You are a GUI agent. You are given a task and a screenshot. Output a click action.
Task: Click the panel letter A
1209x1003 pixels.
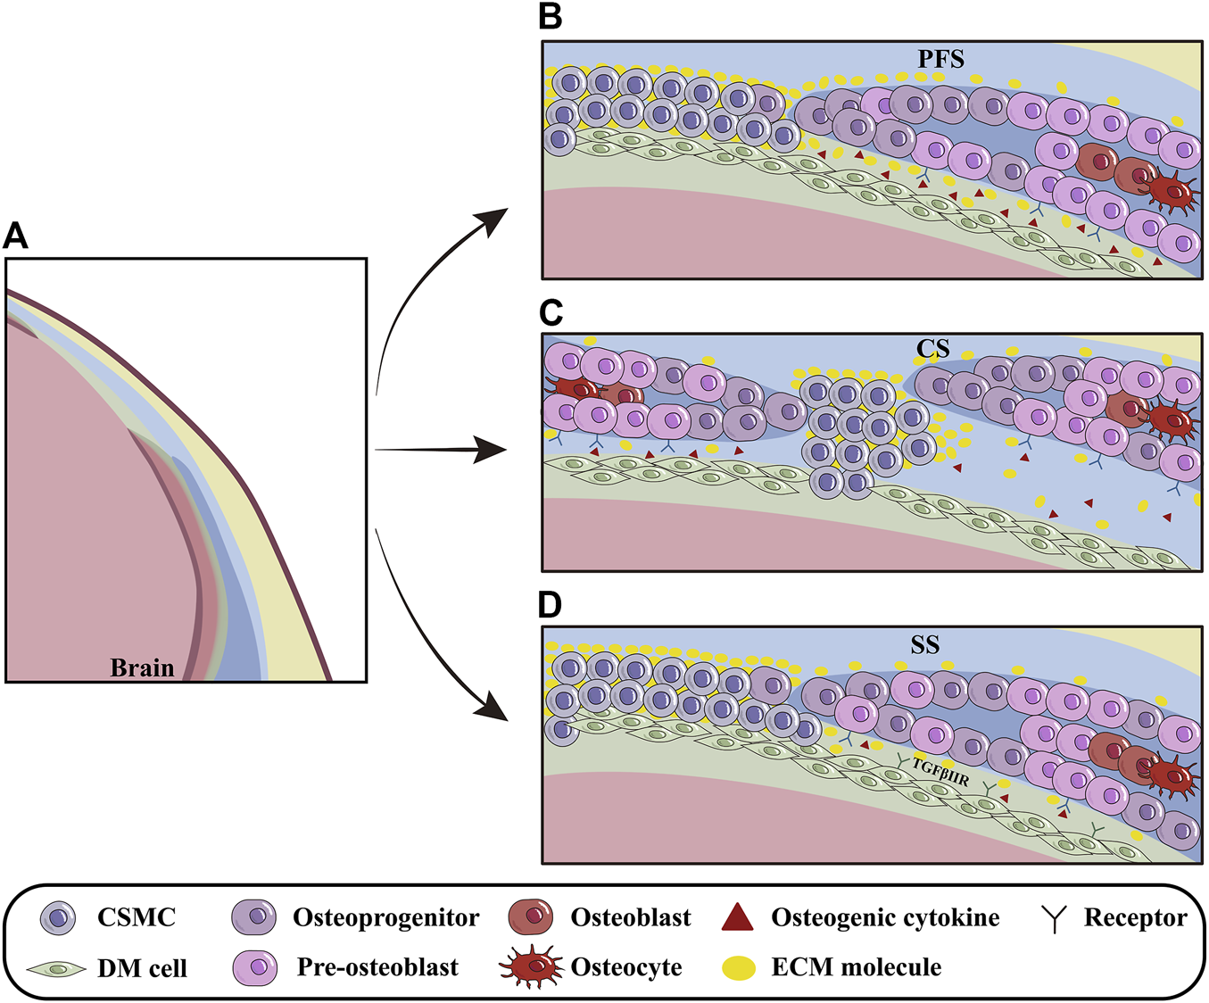(16, 236)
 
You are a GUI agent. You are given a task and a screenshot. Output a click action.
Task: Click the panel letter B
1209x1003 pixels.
(551, 17)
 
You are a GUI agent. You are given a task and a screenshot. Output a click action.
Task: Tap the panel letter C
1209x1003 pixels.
(551, 311)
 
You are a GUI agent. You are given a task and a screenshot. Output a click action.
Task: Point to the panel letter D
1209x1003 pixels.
(551, 604)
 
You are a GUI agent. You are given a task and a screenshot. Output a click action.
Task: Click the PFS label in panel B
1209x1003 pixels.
(941, 60)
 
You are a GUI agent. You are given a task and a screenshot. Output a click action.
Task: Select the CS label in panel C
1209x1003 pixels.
(932, 349)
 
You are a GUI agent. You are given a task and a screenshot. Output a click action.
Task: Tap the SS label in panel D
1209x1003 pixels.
(925, 643)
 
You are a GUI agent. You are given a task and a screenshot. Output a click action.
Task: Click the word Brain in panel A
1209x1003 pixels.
(142, 667)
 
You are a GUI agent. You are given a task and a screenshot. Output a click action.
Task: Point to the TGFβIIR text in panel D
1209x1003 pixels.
(940, 773)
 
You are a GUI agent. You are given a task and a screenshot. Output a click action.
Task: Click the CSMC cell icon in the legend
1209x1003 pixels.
(59, 917)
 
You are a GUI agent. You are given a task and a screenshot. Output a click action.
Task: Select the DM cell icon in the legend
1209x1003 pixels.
(56, 968)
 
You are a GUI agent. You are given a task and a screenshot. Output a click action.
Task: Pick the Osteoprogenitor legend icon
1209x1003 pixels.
(254, 917)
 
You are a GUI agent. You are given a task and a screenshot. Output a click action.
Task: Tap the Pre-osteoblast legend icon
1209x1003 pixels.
(254, 967)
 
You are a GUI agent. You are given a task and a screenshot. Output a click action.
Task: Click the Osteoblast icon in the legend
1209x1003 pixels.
(532, 917)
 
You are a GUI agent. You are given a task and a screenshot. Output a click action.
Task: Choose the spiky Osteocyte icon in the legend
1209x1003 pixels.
(532, 966)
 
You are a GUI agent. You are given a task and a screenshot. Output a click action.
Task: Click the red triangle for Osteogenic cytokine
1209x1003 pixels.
(738, 917)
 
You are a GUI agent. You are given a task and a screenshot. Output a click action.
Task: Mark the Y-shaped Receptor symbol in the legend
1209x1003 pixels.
(1055, 918)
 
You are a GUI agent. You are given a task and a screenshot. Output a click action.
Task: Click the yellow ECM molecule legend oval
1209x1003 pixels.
(739, 967)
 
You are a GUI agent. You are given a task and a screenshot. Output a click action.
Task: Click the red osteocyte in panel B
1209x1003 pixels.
(1172, 193)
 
